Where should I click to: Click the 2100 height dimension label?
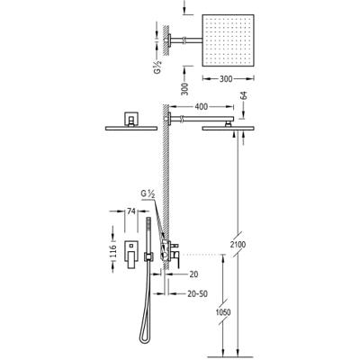click(x=238, y=245)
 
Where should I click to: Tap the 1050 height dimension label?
click(x=223, y=312)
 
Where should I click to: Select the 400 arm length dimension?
click(x=202, y=106)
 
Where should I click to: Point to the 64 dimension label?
click(x=244, y=96)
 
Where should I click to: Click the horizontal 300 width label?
click(x=226, y=79)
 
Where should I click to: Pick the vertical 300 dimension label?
click(x=185, y=89)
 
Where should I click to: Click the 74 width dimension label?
click(x=131, y=211)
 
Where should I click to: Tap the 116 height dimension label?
click(x=113, y=251)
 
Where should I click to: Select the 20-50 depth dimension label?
click(x=197, y=293)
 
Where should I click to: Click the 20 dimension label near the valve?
click(x=193, y=274)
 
